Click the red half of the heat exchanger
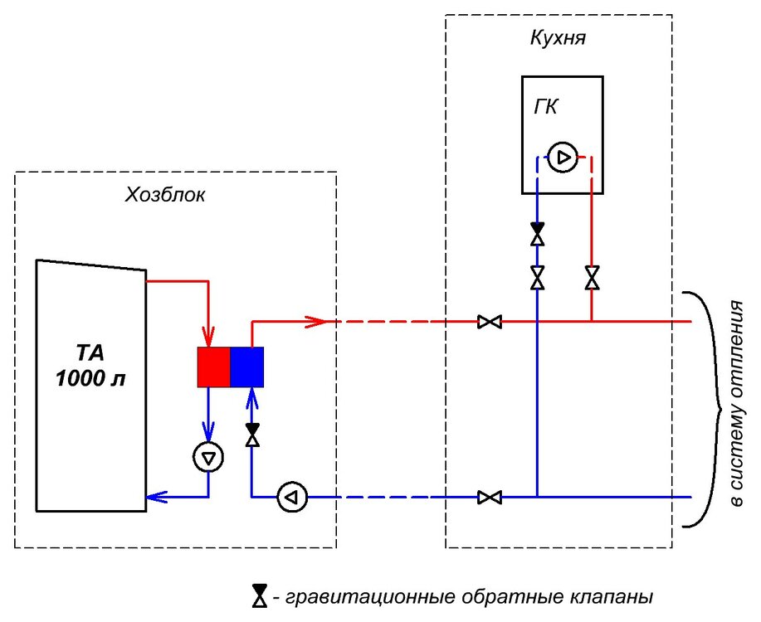pyautogui.click(x=213, y=367)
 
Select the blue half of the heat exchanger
pyautogui.click(x=246, y=367)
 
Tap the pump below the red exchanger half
pyautogui.click(x=207, y=456)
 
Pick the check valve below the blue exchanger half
pyautogui.click(x=251, y=435)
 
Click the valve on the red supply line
pyautogui.click(x=490, y=321)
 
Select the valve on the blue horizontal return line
pyautogui.click(x=490, y=498)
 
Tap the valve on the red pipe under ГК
pyautogui.click(x=592, y=277)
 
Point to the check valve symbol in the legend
pyautogui.click(x=259, y=595)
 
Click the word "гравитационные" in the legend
pyautogui.click(x=353, y=596)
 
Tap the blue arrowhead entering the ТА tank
pyautogui.click(x=154, y=498)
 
